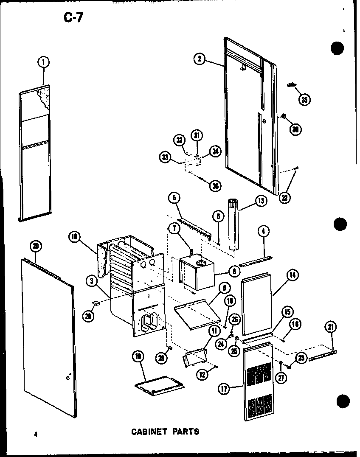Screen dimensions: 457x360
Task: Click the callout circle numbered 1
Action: pyautogui.click(x=43, y=62)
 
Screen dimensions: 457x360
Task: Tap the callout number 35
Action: pyautogui.click(x=304, y=99)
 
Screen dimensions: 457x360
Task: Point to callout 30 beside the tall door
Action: pyautogui.click(x=296, y=129)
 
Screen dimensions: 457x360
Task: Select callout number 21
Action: pyautogui.click(x=331, y=327)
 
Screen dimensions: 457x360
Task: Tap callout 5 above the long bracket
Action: pyautogui.click(x=174, y=197)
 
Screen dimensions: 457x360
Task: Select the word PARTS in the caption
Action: pyautogui.click(x=184, y=432)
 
